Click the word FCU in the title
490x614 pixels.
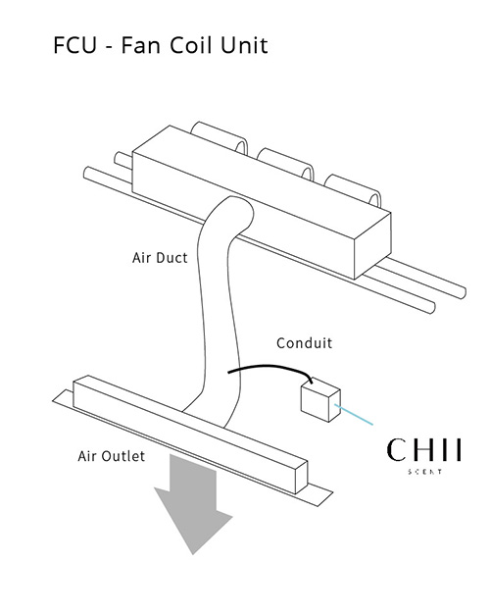pyautogui.click(x=74, y=45)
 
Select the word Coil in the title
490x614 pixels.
pyautogui.click(x=189, y=45)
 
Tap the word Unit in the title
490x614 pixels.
pyautogui.click(x=243, y=45)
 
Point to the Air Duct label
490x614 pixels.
pyautogui.click(x=160, y=258)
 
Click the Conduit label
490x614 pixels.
pyautogui.click(x=304, y=343)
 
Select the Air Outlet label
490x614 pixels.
pyautogui.click(x=112, y=456)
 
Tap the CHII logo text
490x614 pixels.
pyautogui.click(x=424, y=450)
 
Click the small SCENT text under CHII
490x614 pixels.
pyautogui.click(x=425, y=472)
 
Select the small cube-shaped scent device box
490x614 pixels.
pyautogui.click(x=320, y=400)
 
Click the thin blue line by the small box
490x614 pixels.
pyautogui.click(x=354, y=415)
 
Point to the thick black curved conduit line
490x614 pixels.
pyautogui.click(x=270, y=367)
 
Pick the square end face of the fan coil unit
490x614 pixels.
pyautogui.click(x=372, y=246)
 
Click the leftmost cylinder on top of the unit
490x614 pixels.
pyautogui.click(x=220, y=137)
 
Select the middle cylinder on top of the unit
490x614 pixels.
pyautogui.click(x=286, y=164)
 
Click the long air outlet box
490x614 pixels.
pyautogui.click(x=190, y=434)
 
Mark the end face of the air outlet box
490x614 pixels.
pyautogui.click(x=302, y=478)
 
